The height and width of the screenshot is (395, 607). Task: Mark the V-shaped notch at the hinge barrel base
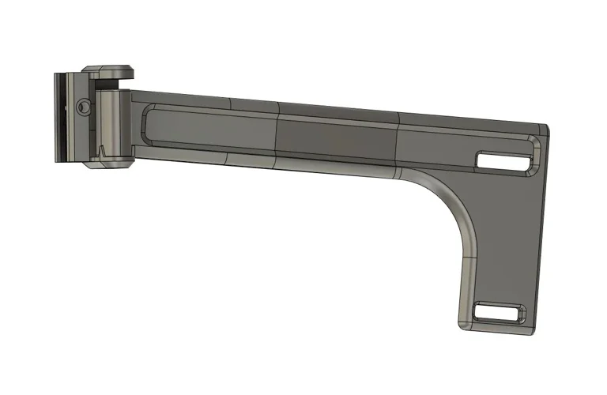coord(102,149)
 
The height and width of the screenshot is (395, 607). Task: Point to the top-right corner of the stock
coord(546,126)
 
